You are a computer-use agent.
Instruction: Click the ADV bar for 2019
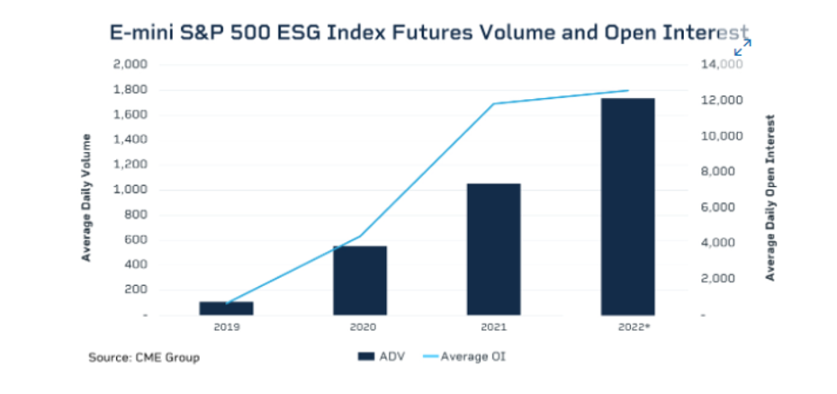click(x=226, y=308)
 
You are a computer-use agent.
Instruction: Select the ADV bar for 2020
click(x=360, y=280)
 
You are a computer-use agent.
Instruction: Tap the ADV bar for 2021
click(x=494, y=249)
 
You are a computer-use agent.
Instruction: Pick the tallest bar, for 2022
click(x=628, y=206)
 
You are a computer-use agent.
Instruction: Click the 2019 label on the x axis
click(x=227, y=328)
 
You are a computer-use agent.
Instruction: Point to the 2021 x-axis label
click(x=494, y=328)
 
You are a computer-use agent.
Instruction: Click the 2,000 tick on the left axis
click(x=129, y=65)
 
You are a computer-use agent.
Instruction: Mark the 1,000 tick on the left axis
click(x=129, y=190)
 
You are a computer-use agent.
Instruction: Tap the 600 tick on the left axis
click(x=133, y=239)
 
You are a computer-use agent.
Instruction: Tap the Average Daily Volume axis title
click(x=86, y=197)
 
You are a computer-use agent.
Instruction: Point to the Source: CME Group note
click(x=144, y=358)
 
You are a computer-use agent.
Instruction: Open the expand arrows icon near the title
click(x=742, y=47)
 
